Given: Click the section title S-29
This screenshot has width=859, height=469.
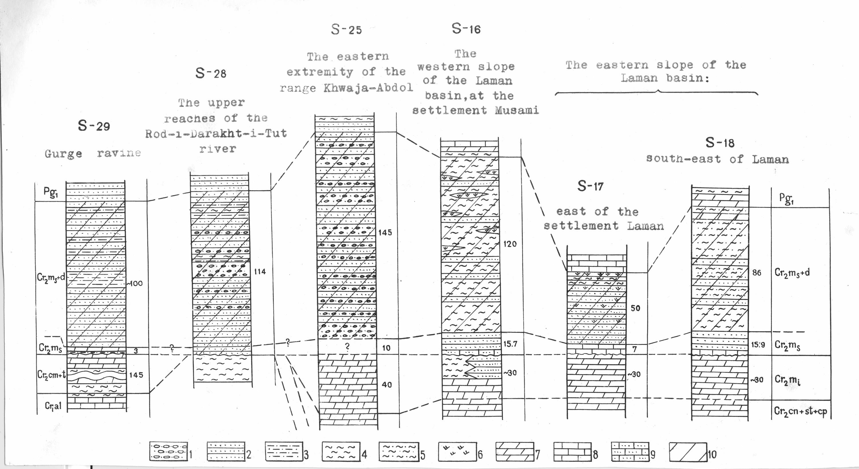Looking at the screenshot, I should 94,126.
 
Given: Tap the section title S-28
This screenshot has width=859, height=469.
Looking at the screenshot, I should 211,73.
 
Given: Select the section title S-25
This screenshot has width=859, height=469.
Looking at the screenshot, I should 346,30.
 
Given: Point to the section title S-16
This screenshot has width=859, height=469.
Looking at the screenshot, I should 466,29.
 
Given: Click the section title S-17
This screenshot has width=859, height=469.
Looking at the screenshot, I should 590,186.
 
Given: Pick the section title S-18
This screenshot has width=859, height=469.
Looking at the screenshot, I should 720,143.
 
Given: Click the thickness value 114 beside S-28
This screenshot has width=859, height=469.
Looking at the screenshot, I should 260,272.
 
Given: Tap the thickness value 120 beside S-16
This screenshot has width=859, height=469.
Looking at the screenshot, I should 510,244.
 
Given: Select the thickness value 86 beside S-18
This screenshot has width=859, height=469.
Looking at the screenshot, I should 757,273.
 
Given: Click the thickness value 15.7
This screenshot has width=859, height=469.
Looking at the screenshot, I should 510,344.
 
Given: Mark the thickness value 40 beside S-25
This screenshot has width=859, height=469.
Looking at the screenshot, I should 386,385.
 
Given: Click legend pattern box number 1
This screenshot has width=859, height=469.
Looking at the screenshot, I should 168,452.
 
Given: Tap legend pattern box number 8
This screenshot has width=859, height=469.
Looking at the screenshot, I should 573,452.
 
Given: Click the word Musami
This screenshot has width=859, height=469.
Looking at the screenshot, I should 517,110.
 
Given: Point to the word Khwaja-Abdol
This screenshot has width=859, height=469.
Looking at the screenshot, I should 368,88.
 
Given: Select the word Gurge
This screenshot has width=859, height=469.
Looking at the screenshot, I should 63,154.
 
